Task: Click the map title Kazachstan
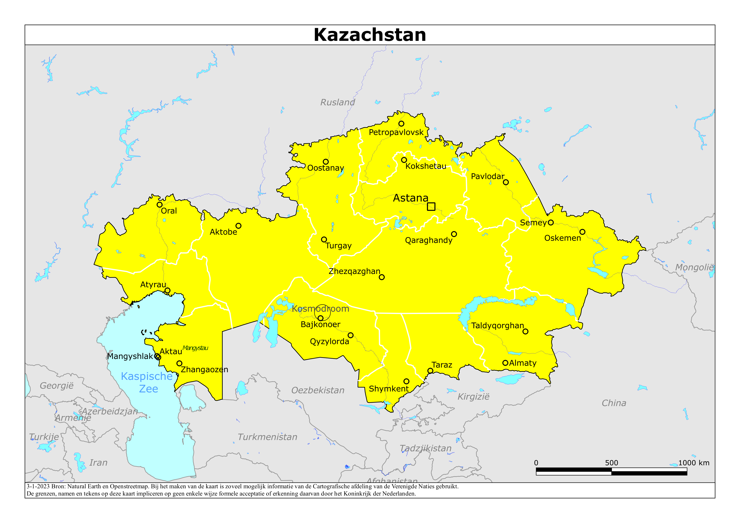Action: point(370,35)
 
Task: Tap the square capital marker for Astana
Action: point(431,207)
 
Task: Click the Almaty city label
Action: point(523,363)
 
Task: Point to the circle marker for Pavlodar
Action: point(506,182)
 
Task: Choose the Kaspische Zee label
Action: point(147,382)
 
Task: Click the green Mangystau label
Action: point(195,348)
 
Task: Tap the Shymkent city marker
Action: point(406,382)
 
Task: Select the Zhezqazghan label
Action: point(354,271)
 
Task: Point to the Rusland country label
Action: point(337,102)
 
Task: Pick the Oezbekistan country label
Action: point(318,390)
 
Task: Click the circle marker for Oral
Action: point(160,205)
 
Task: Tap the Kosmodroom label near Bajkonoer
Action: point(320,309)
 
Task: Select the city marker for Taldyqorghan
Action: point(525,331)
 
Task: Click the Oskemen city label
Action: point(562,238)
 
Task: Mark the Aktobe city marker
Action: point(238,226)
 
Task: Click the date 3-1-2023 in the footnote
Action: point(38,487)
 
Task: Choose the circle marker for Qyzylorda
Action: point(351,336)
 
